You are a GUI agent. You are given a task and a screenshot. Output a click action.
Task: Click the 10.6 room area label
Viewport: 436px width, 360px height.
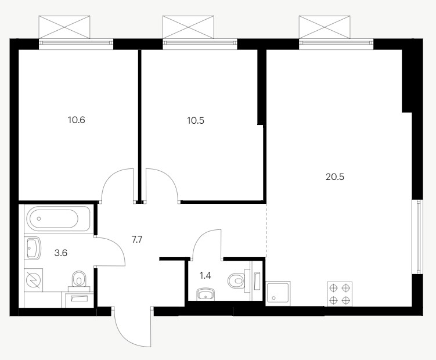click(x=76, y=120)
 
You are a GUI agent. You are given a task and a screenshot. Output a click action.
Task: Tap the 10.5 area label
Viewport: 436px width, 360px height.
click(x=196, y=121)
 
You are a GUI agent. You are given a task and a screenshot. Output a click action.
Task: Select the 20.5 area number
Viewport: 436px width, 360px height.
click(x=335, y=177)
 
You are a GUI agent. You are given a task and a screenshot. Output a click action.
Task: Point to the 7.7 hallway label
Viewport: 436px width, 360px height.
click(x=137, y=240)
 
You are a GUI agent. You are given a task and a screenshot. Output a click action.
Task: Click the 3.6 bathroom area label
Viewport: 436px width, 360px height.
click(x=61, y=253)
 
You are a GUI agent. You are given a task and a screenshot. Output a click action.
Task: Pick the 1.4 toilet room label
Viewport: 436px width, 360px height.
click(x=205, y=276)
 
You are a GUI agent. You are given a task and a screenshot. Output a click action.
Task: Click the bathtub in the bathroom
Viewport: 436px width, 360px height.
click(x=59, y=218)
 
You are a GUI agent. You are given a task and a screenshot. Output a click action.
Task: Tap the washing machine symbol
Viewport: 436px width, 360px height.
click(x=33, y=280)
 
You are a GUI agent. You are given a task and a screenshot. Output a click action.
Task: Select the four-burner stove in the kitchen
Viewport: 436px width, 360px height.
click(x=340, y=294)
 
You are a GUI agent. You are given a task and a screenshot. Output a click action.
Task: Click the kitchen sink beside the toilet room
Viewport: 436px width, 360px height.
click(x=278, y=293)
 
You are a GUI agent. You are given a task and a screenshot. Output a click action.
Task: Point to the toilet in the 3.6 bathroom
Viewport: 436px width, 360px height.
click(x=79, y=279)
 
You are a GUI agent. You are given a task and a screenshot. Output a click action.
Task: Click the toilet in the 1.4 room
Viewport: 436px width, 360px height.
click(x=236, y=280)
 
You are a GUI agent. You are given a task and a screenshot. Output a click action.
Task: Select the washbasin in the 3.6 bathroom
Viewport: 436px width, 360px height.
click(x=33, y=248)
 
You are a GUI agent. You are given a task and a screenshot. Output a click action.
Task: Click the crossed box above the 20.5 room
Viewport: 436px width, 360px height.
click(x=325, y=27)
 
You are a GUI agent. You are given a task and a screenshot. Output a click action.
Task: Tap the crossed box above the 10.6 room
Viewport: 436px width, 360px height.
click(x=64, y=27)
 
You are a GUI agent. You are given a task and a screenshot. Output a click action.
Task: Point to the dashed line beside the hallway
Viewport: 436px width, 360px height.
click(x=266, y=231)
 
